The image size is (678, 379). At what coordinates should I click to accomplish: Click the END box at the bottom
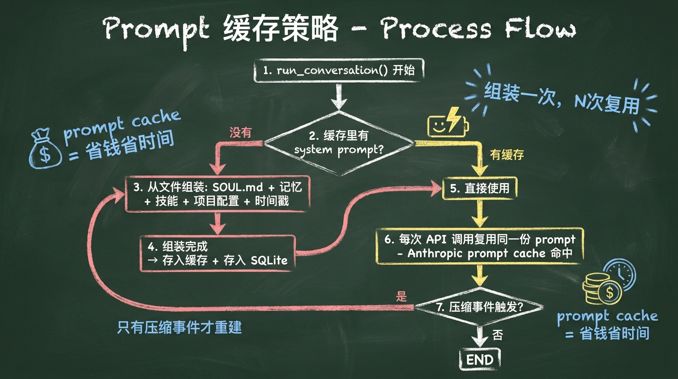(x=480, y=360)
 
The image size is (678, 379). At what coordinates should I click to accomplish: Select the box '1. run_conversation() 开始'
(x=339, y=71)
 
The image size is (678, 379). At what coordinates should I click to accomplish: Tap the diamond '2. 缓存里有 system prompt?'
(x=339, y=143)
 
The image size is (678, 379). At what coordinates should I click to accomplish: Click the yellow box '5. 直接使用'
(x=480, y=188)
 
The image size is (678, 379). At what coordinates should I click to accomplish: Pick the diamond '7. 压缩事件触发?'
(x=479, y=307)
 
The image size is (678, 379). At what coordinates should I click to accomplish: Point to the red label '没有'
(x=240, y=132)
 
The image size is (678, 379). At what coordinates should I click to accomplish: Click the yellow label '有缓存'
(x=507, y=154)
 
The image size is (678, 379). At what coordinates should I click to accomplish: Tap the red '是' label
(x=402, y=296)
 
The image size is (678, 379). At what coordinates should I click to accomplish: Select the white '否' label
(x=498, y=335)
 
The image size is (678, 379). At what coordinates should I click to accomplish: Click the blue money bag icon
(x=45, y=148)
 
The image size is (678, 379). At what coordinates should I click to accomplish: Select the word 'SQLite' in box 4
(x=269, y=260)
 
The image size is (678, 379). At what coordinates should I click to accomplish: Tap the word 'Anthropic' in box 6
(x=435, y=253)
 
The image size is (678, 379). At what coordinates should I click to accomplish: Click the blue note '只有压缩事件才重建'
(x=179, y=328)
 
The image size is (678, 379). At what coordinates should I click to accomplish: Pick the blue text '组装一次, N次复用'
(x=562, y=98)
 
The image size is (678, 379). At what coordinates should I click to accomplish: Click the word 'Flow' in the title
(x=541, y=28)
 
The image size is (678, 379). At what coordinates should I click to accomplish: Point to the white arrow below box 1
(x=339, y=96)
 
